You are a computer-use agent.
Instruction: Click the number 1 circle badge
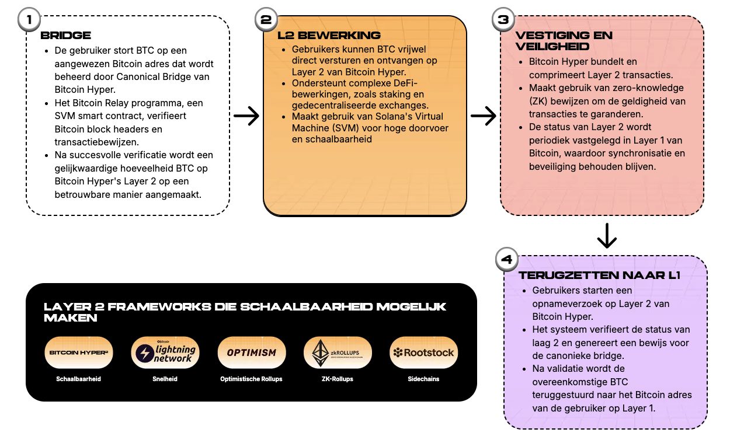pos(29,19)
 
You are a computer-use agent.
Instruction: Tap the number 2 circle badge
pos(266,20)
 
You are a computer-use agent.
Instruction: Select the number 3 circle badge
pos(503,20)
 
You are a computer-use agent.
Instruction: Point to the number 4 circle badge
pos(506,260)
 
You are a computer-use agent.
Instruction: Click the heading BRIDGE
pos(65,36)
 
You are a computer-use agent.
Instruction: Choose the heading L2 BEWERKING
pos(329,36)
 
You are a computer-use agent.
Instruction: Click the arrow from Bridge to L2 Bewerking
pos(246,116)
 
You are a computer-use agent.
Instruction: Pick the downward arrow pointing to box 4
pos(607,235)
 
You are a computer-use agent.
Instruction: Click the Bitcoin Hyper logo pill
pos(79,353)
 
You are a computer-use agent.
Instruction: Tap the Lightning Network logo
pos(165,353)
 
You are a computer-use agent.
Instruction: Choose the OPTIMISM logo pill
pos(252,353)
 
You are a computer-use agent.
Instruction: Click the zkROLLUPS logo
pos(338,353)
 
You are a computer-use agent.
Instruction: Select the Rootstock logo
pos(424,353)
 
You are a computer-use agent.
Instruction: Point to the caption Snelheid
pos(165,379)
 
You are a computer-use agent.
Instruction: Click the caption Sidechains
pos(424,379)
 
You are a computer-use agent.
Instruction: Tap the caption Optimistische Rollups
pos(252,379)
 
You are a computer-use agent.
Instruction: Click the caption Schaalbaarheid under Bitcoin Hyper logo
pos(79,379)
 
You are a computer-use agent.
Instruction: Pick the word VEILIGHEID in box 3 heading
pos(552,46)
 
